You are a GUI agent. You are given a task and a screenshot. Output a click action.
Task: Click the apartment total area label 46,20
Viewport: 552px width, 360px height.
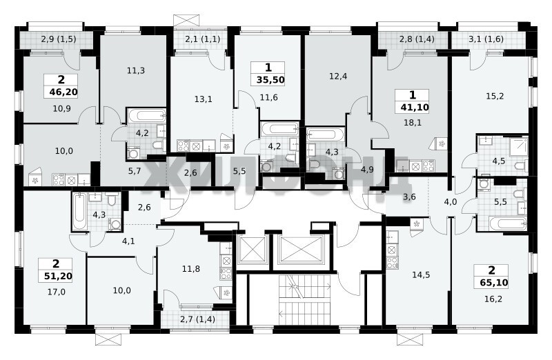coord(63,92)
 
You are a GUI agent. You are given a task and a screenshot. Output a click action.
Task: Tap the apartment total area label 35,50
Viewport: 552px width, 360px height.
coord(270,80)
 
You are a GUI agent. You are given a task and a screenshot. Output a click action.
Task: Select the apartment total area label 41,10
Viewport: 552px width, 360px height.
coord(415,107)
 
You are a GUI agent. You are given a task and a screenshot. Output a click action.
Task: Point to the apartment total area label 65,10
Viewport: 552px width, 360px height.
coord(494,282)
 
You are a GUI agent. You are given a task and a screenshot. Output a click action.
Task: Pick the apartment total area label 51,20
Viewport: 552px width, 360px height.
coord(58,276)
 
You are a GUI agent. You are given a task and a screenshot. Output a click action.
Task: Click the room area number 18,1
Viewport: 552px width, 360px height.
coord(413,123)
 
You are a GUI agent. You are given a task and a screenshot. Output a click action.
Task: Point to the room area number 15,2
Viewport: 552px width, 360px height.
coord(495,96)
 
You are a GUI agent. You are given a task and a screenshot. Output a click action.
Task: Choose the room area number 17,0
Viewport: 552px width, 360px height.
coord(57,291)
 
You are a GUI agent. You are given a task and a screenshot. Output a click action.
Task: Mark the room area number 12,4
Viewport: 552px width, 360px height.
coord(338,76)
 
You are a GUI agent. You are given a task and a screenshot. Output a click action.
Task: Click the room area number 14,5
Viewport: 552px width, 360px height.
coord(421,274)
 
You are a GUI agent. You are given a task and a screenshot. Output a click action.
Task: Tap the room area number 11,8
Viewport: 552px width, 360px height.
coord(191,269)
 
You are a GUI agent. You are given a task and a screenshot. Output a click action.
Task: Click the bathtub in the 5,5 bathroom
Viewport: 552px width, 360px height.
coord(507,223)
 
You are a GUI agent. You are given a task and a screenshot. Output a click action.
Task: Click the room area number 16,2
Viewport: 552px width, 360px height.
coord(493,299)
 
